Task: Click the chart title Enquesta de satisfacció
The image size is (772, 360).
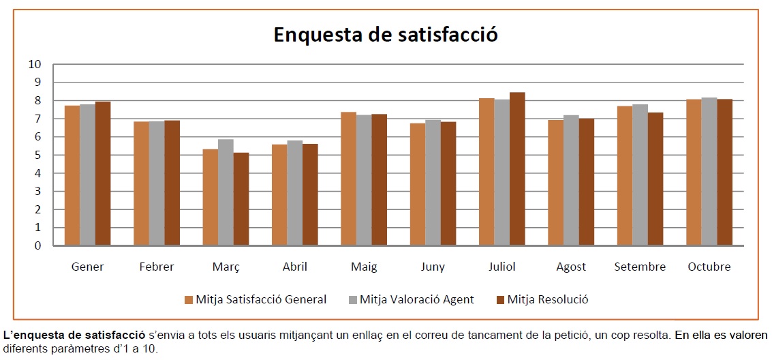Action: pyautogui.click(x=386, y=35)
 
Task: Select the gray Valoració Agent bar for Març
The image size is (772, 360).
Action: pyautogui.click(x=226, y=192)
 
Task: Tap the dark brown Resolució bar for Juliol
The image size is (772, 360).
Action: pyautogui.click(x=517, y=168)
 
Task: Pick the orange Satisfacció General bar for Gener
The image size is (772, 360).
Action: pyautogui.click(x=72, y=175)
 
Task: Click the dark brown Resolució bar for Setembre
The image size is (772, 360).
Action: pyautogui.click(x=655, y=179)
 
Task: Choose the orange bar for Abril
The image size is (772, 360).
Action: pyautogui.click(x=279, y=195)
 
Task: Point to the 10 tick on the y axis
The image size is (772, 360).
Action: pyautogui.click(x=35, y=64)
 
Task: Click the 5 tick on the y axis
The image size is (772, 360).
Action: pyautogui.click(x=38, y=155)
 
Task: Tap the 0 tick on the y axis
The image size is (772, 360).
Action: pyautogui.click(x=38, y=245)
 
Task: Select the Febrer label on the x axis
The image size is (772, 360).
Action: pyautogui.click(x=157, y=267)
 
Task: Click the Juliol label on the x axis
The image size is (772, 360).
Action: pyautogui.click(x=502, y=267)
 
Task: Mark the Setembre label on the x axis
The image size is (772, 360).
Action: pyautogui.click(x=640, y=267)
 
